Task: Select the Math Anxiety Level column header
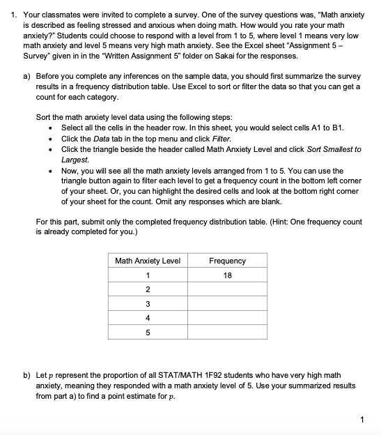[x=147, y=261]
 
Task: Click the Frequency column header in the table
[x=227, y=261]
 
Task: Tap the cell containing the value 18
[x=227, y=275]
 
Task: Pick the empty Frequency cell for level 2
[x=227, y=290]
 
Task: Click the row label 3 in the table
[x=147, y=305]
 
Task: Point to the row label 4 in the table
[x=147, y=319]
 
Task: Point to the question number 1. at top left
[x=10, y=15]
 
